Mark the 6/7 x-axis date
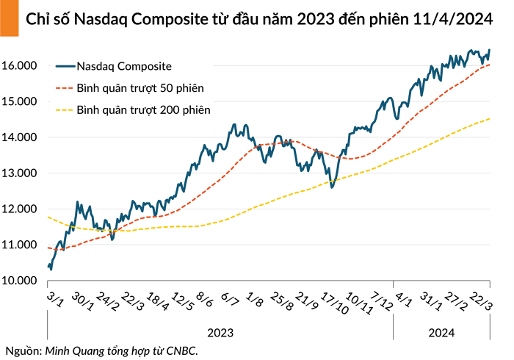pyautogui.click(x=229, y=299)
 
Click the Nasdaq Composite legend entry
pyautogui.click(x=124, y=66)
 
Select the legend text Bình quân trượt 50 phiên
pyautogui.click(x=140, y=88)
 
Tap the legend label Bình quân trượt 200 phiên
pyautogui.click(x=143, y=110)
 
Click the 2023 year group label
pyautogui.click(x=220, y=333)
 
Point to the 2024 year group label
pyautogui.click(x=441, y=333)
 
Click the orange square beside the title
pyautogui.click(x=10, y=18)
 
